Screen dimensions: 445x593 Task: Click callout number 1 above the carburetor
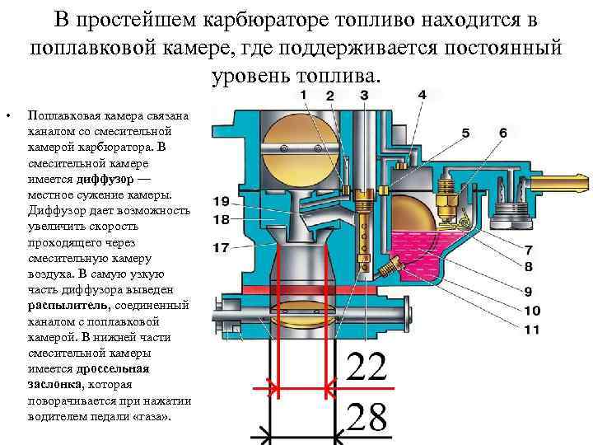point(304,96)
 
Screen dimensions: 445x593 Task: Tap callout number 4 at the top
point(422,96)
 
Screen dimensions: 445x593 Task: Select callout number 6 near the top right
point(502,133)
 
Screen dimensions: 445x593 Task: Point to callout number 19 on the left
point(221,202)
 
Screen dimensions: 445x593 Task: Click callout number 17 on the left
point(221,247)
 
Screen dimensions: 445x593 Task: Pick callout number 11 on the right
point(531,330)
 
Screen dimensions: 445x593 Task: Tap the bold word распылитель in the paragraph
point(66,305)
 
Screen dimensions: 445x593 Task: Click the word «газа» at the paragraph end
point(153,415)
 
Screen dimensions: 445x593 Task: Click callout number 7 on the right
point(528,250)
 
